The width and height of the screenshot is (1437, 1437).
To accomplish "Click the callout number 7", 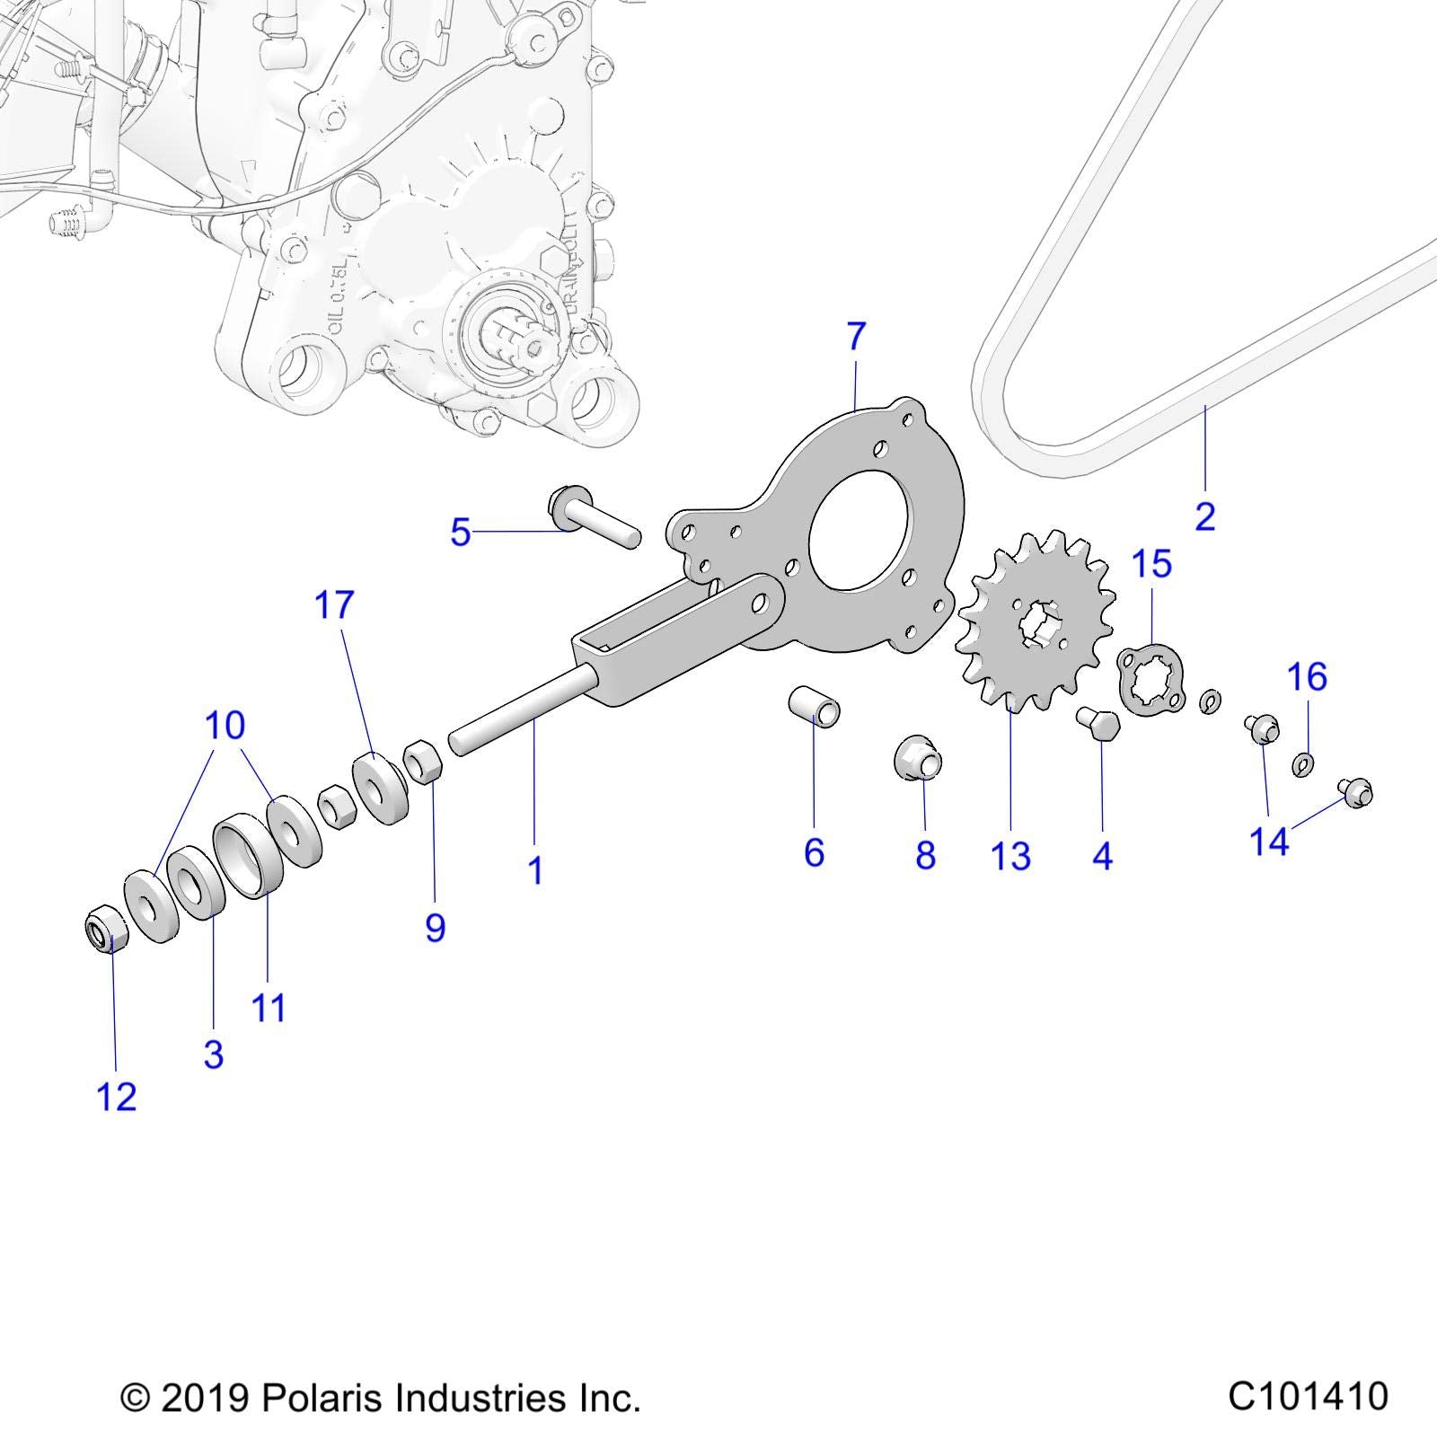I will click(x=856, y=337).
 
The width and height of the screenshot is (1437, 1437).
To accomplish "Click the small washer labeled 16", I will click(x=1301, y=764).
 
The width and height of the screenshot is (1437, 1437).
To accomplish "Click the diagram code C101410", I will click(x=1308, y=1397).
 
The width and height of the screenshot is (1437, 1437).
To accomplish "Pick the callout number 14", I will click(x=1269, y=842).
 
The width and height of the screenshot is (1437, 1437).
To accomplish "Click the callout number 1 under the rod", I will click(x=535, y=870).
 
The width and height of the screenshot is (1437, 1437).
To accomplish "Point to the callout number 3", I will click(x=213, y=1054).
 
